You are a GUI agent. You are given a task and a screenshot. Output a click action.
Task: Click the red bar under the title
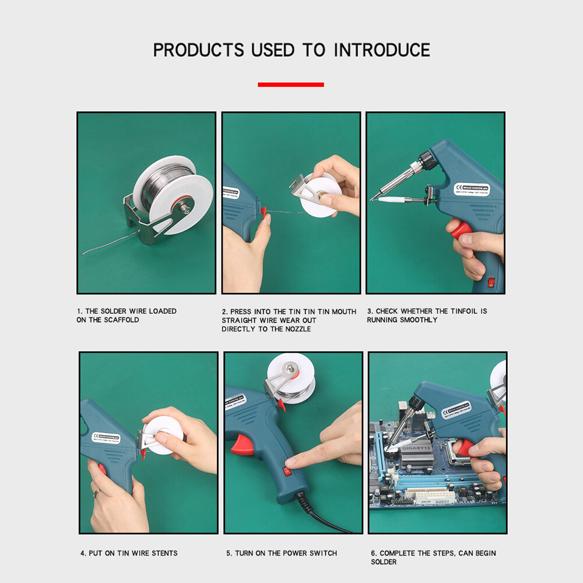click(291, 85)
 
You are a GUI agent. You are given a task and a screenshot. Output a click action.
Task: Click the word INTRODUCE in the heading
click(382, 50)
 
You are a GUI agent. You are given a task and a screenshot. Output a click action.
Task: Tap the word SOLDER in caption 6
click(384, 562)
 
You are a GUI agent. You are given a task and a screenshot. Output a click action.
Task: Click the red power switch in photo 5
click(287, 469)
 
